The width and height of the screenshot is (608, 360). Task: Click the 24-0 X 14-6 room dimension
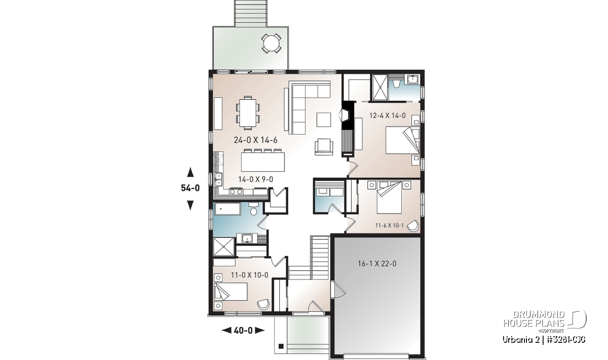256,140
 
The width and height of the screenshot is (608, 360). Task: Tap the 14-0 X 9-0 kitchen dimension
256,179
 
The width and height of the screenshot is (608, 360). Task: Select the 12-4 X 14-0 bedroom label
387,115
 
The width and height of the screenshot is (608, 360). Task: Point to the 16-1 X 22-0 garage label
377,263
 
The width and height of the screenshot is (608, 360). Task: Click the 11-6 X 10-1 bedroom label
390,225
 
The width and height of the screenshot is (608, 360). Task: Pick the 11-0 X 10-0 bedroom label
249,275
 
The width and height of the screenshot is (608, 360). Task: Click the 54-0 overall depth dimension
191,188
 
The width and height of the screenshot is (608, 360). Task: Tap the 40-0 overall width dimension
243,331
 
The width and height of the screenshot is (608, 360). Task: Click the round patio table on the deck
271,43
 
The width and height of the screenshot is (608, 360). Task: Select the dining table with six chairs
248,113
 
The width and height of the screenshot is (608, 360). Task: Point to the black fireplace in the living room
348,129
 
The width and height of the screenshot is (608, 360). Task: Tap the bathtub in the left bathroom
227,209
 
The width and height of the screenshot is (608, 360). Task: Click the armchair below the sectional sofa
324,147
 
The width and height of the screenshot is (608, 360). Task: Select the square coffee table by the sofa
324,119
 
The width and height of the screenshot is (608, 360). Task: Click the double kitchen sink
218,179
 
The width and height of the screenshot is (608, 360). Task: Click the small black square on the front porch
281,346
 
